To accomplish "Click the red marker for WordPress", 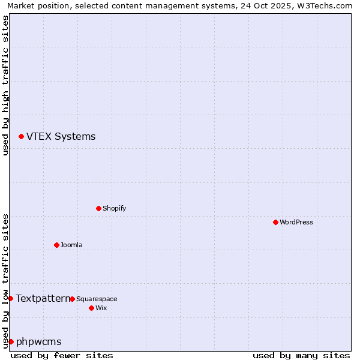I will coord(275,222).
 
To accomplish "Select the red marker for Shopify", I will coord(98,208).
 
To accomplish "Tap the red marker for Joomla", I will coord(56,245).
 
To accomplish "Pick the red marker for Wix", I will coord(91,308).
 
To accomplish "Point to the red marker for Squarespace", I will coord(72,299).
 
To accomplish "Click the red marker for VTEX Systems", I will coord(21,137).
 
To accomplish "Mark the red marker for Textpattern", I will coord(10,298).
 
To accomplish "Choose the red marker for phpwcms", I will coord(11,341).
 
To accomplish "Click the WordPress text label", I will coord(296,222).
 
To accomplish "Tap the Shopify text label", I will coord(114,208).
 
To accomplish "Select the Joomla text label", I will coord(71,245).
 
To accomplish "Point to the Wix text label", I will coord(101,308).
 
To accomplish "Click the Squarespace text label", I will coord(97,299).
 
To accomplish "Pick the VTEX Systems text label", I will coord(61,137).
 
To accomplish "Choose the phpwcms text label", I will coord(38,342).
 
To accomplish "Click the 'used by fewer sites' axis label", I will coord(62,355).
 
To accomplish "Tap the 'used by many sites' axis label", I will coord(301,355).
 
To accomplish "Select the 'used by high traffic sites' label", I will coord(5,85).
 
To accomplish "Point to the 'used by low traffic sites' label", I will coord(5,280).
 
